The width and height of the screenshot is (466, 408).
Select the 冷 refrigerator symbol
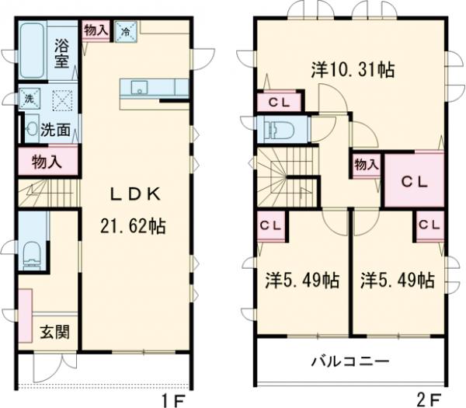(124, 31)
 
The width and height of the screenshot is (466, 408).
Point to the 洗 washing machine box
(29, 99)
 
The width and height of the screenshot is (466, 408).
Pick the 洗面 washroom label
(57, 130)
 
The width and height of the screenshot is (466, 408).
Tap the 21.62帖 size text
(133, 226)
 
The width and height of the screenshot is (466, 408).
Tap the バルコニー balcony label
(349, 361)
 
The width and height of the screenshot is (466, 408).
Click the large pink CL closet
(414, 180)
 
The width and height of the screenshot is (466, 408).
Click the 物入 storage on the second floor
(367, 166)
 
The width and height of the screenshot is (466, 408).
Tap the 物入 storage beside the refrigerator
(96, 30)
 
